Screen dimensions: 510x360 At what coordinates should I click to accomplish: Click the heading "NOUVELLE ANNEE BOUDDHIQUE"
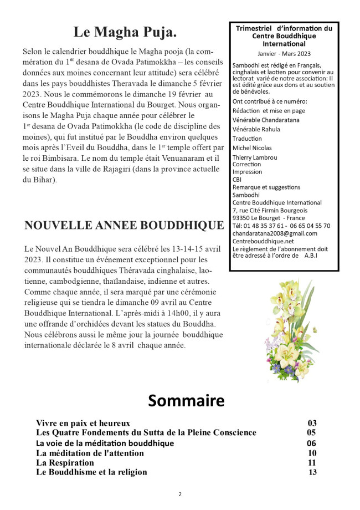tap(120, 225)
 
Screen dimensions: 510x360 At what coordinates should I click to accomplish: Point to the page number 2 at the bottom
tap(179, 494)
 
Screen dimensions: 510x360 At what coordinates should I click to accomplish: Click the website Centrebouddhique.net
tap(263, 241)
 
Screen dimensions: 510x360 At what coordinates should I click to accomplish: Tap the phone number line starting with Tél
tap(281, 226)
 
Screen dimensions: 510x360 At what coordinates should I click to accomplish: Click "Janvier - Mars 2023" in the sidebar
tap(284, 54)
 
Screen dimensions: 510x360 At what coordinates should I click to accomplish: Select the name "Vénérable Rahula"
tap(256, 129)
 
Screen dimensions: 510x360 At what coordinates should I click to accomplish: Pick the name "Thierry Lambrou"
tap(255, 157)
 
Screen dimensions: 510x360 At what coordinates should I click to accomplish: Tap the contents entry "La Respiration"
tap(65, 462)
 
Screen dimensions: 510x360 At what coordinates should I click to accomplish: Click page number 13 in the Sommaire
tap(312, 472)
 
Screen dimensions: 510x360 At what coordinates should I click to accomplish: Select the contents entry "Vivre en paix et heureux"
tap(83, 423)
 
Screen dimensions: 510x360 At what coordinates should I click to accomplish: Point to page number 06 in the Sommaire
tap(311, 443)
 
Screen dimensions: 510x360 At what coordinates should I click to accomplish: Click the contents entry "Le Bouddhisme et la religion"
tap(91, 472)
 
